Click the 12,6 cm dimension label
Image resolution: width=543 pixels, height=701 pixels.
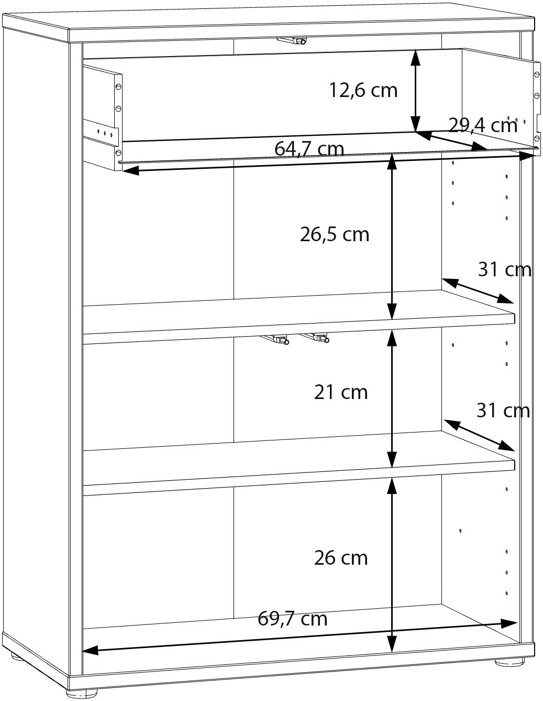tap(363, 90)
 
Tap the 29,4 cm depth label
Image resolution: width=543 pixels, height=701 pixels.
tap(483, 125)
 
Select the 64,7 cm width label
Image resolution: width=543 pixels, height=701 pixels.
tap(309, 149)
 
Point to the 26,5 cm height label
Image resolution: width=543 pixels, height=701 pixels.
tap(335, 234)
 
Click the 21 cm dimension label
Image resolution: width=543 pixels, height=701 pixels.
tap(341, 392)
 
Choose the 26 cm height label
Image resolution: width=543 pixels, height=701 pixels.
tap(341, 558)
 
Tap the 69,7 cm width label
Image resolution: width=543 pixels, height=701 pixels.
tap(292, 619)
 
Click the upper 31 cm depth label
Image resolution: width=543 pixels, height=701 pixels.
tap(504, 269)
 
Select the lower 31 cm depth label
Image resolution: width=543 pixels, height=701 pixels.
tap(503, 411)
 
